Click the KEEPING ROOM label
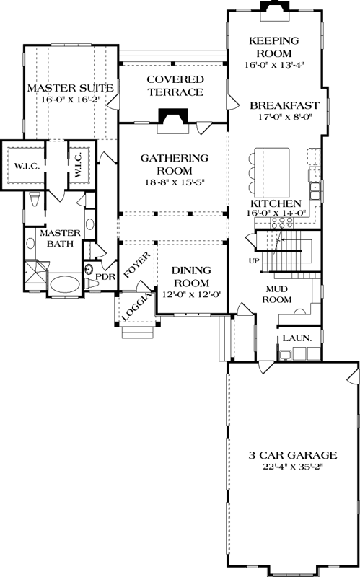coord(273,47)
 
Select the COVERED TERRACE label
coord(175,85)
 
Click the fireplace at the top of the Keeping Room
coord(273,6)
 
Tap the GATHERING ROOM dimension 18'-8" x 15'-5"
coord(174,182)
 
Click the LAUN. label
coord(291,338)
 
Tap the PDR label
coord(105,276)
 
